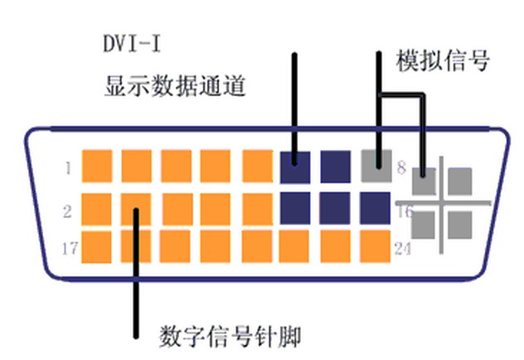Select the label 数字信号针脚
coord(228,338)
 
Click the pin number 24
coord(403,247)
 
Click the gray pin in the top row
coord(376,165)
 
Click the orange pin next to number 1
coord(97,166)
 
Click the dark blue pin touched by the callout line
coord(295,165)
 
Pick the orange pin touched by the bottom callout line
coord(136,207)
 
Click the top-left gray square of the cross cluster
coord(425,180)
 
